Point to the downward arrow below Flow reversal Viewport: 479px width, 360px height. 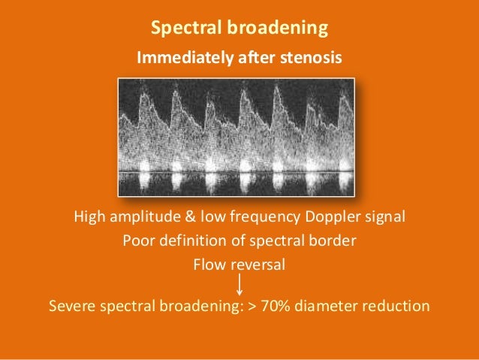point(239,284)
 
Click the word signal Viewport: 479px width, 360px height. point(386,218)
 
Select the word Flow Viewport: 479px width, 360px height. point(209,265)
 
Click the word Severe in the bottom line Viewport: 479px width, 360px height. point(71,307)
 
